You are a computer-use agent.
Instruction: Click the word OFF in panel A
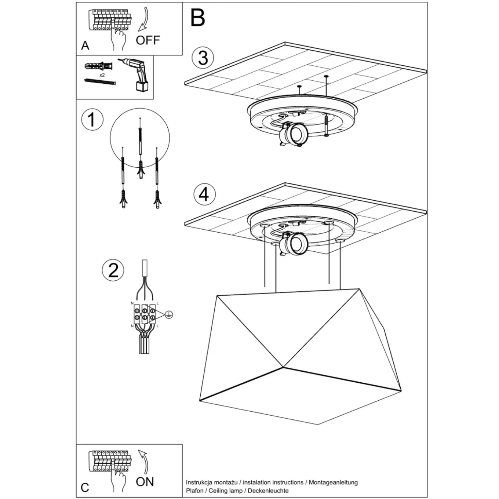(148, 40)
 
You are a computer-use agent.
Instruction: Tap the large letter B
(197, 18)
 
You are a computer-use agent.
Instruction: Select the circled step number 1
(92, 120)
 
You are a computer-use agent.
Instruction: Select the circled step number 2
(113, 270)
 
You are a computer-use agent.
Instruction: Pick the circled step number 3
(203, 58)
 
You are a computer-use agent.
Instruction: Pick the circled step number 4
(205, 194)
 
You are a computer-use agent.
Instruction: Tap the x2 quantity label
(102, 75)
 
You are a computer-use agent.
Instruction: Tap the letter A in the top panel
(85, 45)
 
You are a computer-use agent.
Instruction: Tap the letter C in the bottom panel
(85, 488)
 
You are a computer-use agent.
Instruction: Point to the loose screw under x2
(100, 82)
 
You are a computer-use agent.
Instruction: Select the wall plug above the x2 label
(99, 66)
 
